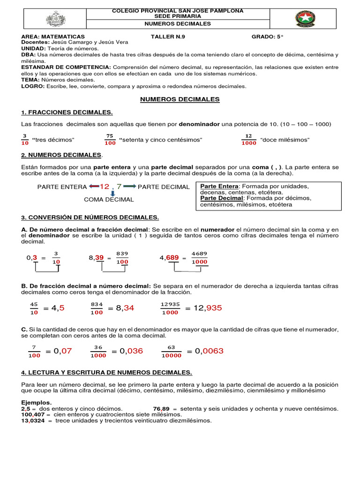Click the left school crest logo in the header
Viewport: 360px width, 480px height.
[56, 19]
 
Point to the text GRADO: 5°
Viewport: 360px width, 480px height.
[268, 36]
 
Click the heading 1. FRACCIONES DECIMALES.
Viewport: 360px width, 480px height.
[67, 112]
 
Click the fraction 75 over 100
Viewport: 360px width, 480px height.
[110, 140]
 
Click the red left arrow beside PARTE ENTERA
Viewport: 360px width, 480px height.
[94, 187]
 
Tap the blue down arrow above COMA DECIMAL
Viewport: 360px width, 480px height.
[112, 193]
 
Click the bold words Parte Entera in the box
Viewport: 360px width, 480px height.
[219, 186]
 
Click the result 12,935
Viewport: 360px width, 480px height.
[203, 308]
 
